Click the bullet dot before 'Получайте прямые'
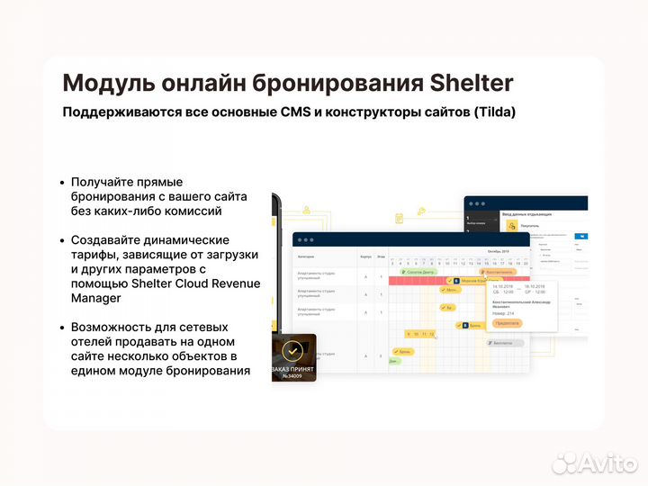coord(61,182)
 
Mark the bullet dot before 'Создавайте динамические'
coord(61,240)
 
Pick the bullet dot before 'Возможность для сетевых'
coord(61,327)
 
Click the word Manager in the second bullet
coord(95,298)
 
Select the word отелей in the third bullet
coord(94,341)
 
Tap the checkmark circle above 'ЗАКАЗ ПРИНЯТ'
coord(292,350)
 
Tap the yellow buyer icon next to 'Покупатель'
coord(512,226)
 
